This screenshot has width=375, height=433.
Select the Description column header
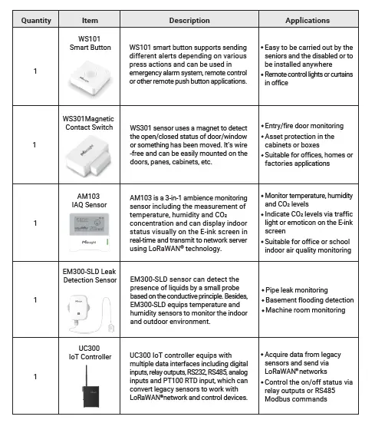[167, 21]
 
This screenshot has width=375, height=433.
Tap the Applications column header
[307, 21]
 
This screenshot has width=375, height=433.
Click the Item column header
[90, 21]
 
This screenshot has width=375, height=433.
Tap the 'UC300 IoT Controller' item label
[90, 352]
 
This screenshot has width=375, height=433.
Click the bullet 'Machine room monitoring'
[305, 310]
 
